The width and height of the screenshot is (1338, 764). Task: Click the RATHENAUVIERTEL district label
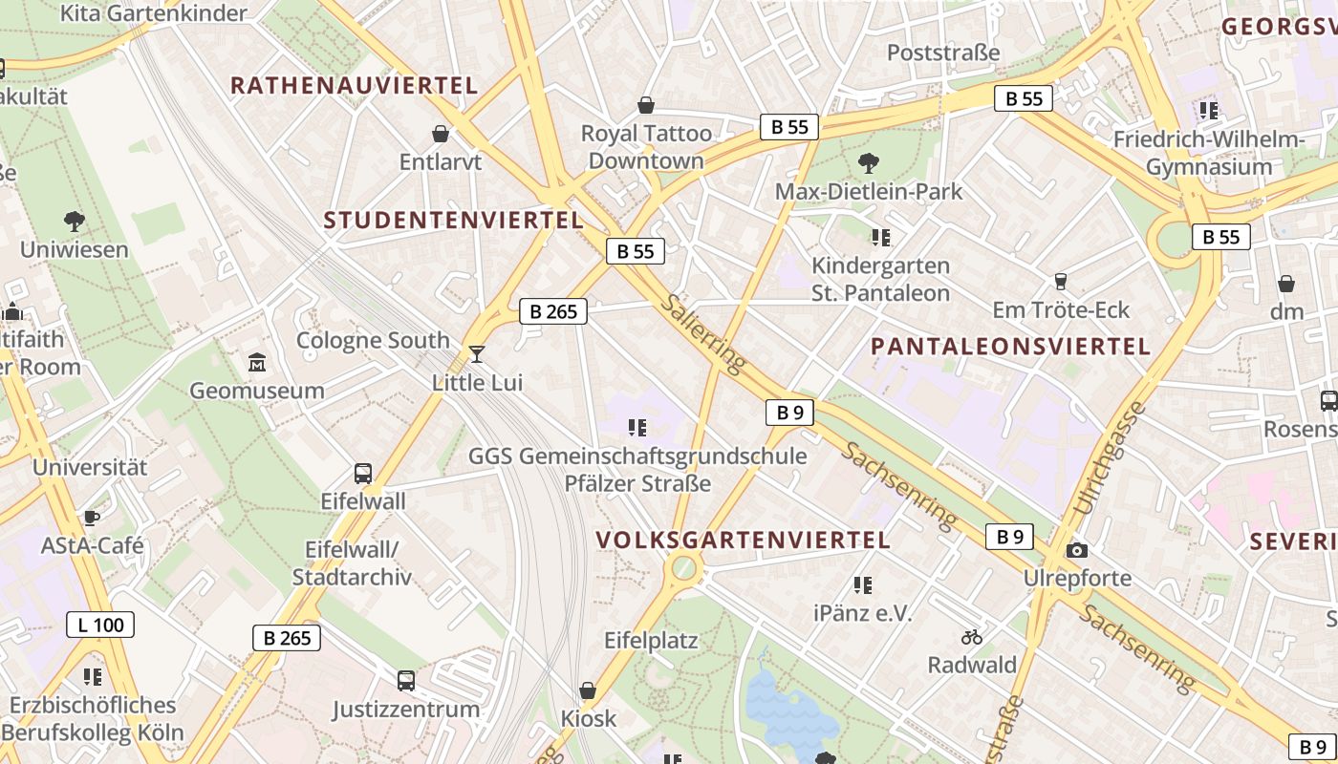pyautogui.click(x=354, y=85)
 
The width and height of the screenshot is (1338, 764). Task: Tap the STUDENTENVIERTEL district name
pyautogui.click(x=453, y=221)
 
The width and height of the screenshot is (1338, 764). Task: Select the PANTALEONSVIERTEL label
pyautogui.click(x=1010, y=347)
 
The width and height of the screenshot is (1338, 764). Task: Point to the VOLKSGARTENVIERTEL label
pyautogui.click(x=744, y=540)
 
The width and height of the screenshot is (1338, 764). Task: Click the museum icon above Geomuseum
pyautogui.click(x=257, y=363)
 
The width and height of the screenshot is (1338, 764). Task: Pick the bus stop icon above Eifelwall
pyautogui.click(x=363, y=473)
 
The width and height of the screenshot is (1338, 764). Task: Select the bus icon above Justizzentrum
pyautogui.click(x=406, y=681)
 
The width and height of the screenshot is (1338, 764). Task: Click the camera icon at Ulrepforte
pyautogui.click(x=1077, y=551)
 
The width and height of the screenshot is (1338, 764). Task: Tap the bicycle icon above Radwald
pyautogui.click(x=972, y=637)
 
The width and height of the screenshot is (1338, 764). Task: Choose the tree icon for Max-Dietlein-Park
pyautogui.click(x=868, y=163)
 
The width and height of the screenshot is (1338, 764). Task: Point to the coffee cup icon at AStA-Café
pyautogui.click(x=91, y=519)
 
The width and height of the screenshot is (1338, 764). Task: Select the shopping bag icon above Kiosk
pyautogui.click(x=588, y=690)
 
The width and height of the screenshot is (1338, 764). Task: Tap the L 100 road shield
pyautogui.click(x=100, y=626)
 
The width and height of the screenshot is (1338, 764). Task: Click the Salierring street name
pyautogui.click(x=702, y=333)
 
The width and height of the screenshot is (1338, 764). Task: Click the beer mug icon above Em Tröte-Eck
pyautogui.click(x=1060, y=282)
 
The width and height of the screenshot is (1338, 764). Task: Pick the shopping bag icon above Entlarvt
pyautogui.click(x=441, y=134)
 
